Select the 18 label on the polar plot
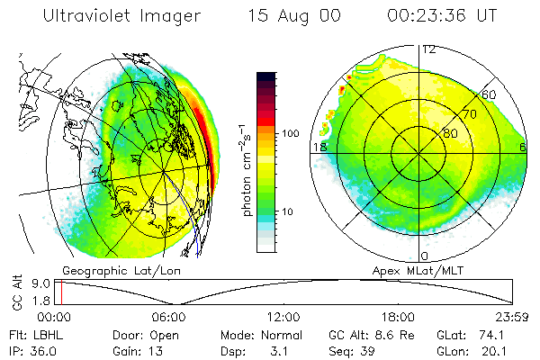[318, 147]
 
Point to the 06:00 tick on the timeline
[169, 317]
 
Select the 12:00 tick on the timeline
[284, 317]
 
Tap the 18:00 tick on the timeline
[399, 317]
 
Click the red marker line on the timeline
[59, 292]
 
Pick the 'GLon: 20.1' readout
[474, 350]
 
